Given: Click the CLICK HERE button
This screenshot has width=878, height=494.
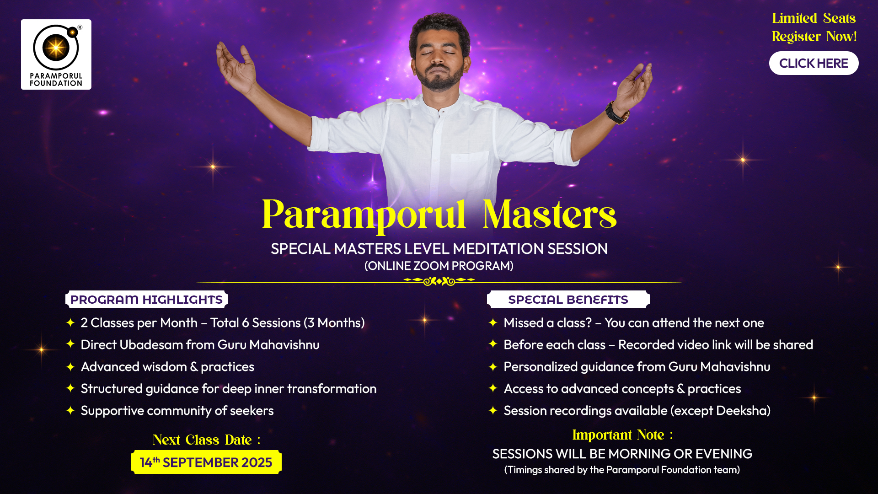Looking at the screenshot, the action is coord(814,63).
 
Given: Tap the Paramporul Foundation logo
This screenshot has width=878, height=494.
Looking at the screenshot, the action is coord(56,54).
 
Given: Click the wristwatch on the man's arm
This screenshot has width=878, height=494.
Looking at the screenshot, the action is coord(617,113).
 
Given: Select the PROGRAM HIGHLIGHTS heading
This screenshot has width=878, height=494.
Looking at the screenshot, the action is coord(146,300).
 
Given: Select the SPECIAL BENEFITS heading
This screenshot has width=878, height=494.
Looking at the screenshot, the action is coord(568,300).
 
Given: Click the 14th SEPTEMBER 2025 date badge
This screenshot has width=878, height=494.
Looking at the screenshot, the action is coord(206,462).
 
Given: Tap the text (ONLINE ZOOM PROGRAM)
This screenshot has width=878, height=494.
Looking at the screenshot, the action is coord(439,266).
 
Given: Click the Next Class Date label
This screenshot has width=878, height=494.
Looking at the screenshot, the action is coord(206,440).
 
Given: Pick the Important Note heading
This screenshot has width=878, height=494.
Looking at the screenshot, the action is coord(622,435).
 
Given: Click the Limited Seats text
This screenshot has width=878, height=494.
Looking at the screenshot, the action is coord(814,18).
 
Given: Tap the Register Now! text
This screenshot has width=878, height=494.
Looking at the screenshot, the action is coord(814,36).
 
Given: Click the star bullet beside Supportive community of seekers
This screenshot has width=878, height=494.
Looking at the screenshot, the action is coord(70,410).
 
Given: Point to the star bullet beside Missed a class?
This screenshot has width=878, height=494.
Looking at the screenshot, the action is coord(493,322).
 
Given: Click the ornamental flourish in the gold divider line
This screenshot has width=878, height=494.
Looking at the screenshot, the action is coord(439,281).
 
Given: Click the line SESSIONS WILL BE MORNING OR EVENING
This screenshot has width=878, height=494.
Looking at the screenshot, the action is coord(622,454).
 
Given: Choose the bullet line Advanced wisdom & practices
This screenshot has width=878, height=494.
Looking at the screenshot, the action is coord(167,367).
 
